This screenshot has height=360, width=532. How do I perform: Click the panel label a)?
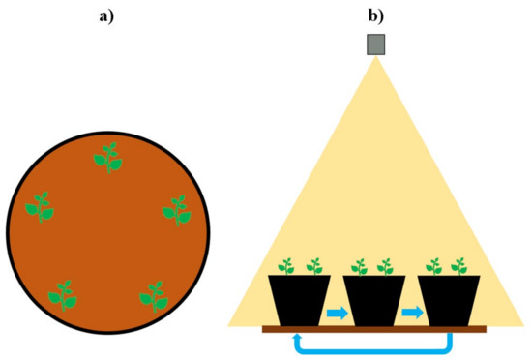107,14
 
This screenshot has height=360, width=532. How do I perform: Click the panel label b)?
374,14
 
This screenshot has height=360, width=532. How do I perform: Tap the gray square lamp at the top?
375,45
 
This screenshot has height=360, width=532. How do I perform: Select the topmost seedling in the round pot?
107,158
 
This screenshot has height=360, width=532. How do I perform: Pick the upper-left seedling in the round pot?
41,206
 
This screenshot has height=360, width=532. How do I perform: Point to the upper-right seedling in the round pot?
175,209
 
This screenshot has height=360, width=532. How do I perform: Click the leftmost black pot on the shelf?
299,301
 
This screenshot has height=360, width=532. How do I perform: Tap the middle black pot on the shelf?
373,301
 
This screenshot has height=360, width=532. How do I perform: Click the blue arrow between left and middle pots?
337,313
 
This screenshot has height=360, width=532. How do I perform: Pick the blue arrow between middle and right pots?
411,313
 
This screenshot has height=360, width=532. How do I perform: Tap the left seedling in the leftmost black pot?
286,266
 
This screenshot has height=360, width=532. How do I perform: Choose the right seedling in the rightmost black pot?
459,266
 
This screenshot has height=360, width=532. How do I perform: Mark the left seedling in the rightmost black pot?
434,266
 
